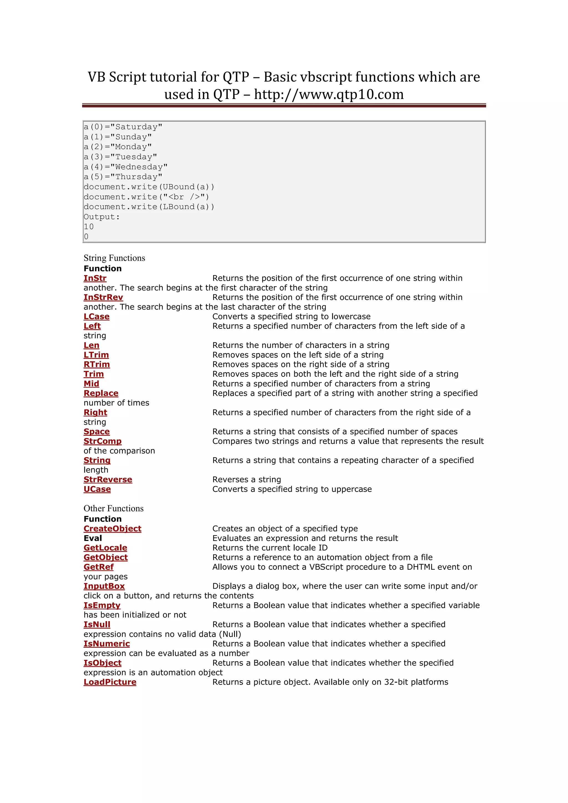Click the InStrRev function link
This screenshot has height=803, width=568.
pyautogui.click(x=103, y=297)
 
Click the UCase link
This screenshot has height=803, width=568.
pyautogui.click(x=97, y=489)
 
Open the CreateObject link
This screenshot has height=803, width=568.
pyautogui.click(x=112, y=529)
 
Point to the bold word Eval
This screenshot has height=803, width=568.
pyautogui.click(x=93, y=538)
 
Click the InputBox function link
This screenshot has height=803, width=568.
pyautogui.click(x=104, y=586)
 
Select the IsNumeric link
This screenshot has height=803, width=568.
pyautogui.click(x=107, y=644)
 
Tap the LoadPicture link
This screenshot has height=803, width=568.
pyautogui.click(x=110, y=682)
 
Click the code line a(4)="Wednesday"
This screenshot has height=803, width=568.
pyautogui.click(x=126, y=167)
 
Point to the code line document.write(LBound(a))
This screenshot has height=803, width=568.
pyautogui.click(x=149, y=207)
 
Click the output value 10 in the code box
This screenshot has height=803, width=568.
pyautogui.click(x=89, y=227)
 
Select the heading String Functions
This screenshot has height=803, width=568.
pyautogui.click(x=114, y=258)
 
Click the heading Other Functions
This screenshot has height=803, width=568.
pyautogui.click(x=113, y=509)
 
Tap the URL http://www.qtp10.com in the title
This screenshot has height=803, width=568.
pyautogui.click(x=329, y=95)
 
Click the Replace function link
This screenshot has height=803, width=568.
pyautogui.click(x=101, y=393)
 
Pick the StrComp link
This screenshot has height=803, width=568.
pyautogui.click(x=102, y=441)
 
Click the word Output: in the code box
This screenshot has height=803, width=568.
pyautogui.click(x=102, y=217)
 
